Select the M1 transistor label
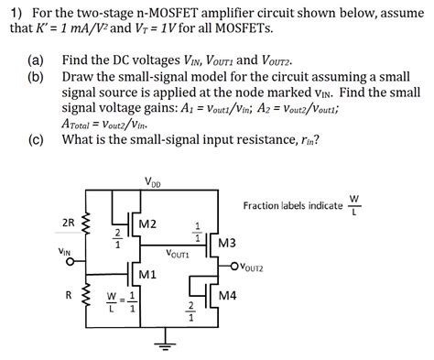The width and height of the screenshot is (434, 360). [x=147, y=275]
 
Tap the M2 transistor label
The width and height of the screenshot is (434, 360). [x=147, y=224]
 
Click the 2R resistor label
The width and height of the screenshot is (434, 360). [x=68, y=223]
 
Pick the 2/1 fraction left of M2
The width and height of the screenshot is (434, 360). [x=117, y=236]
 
